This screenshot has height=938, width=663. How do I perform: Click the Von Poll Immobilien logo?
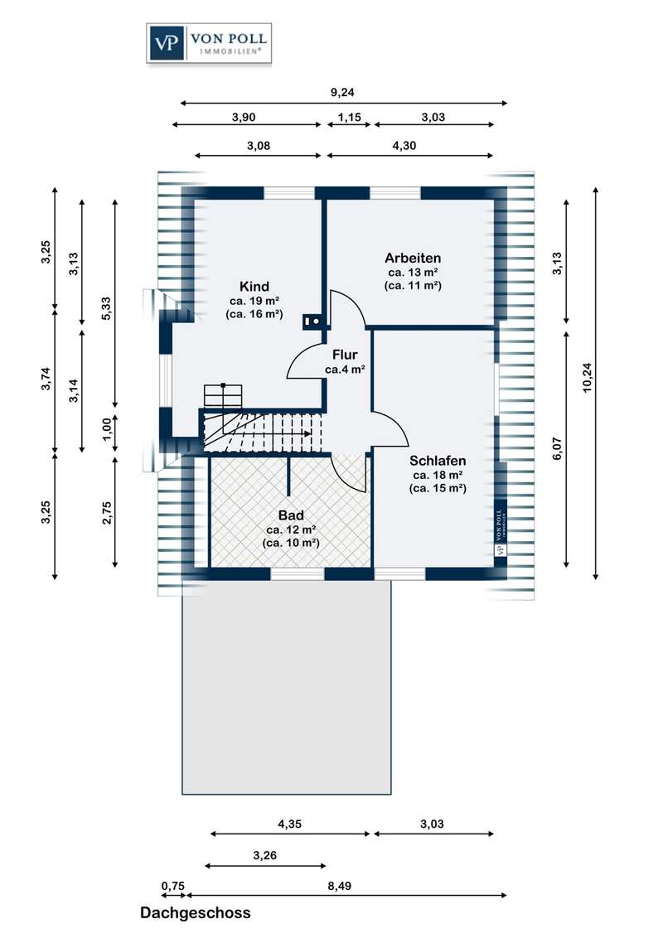(208, 43)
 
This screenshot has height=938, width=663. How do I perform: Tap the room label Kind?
(254, 287)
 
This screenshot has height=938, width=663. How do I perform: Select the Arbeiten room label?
(413, 257)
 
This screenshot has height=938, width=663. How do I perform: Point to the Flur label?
(345, 355)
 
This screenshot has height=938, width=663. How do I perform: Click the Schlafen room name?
(438, 461)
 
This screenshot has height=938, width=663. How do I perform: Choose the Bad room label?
(291, 515)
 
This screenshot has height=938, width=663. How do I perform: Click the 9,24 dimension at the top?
(343, 93)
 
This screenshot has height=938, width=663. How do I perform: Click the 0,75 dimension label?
(173, 886)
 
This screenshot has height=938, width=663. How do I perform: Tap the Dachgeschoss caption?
(195, 913)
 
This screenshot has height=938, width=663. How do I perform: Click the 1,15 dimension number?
(349, 117)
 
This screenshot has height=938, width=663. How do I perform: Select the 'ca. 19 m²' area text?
(254, 301)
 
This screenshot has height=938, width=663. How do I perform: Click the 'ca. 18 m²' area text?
(438, 475)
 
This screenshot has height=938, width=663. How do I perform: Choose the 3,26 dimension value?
(265, 856)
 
